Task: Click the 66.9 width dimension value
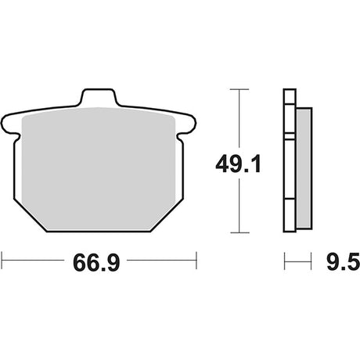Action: tap(96, 263)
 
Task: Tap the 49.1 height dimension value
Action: tap(238, 164)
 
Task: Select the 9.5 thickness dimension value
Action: tap(343, 261)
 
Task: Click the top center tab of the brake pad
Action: tap(99, 98)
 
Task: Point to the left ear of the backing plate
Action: tap(10, 124)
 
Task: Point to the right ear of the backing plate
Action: tap(187, 124)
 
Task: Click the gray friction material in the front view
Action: tap(98, 168)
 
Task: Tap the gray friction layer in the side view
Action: tap(304, 168)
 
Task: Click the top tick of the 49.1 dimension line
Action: tap(239, 89)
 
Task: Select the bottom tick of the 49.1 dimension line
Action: tap(239, 232)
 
